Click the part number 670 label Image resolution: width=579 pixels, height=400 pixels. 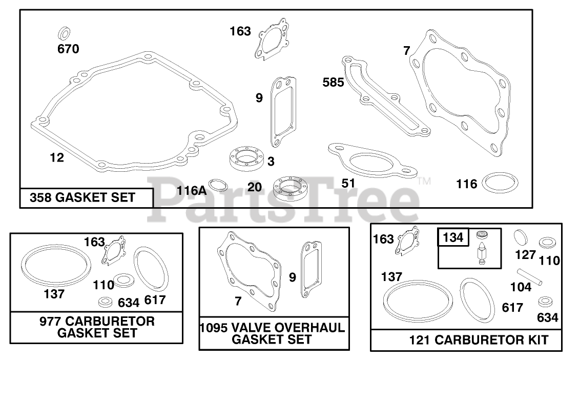coord(68,49)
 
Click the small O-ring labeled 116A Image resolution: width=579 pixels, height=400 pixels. coord(219,185)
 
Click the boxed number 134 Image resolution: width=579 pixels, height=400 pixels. coord(452,237)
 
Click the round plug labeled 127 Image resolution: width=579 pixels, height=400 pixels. coord(522,238)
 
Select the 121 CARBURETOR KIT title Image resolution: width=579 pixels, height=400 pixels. coord(478,339)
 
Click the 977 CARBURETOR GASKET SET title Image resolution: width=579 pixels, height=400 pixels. coord(97,327)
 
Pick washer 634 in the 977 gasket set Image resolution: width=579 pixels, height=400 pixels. coord(106,301)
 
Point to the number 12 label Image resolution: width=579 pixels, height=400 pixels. coord(57,157)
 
